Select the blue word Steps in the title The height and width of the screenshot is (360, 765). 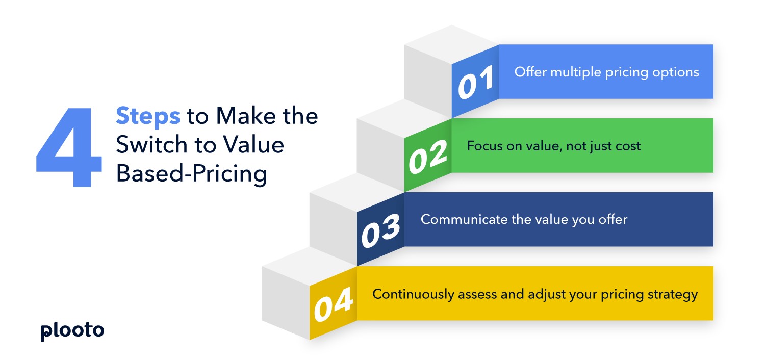point(147,116)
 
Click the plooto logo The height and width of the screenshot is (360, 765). point(72,331)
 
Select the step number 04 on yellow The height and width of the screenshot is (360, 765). point(334,304)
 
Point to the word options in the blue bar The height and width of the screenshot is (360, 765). point(675,72)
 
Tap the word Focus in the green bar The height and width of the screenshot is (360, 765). point(482,146)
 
